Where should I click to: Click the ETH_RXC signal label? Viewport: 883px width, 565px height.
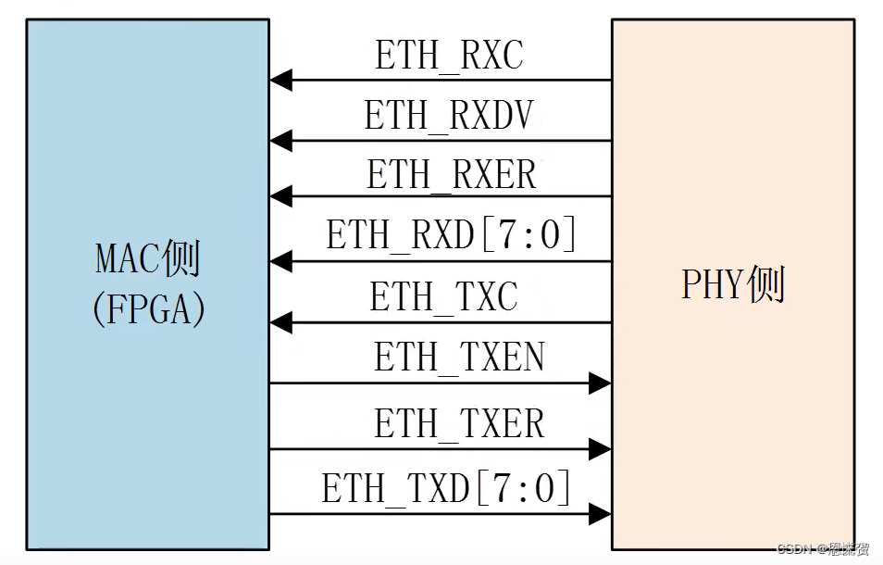coord(448,56)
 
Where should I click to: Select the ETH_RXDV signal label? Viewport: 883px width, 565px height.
coord(449,117)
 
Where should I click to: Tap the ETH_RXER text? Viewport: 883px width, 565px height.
coord(451,174)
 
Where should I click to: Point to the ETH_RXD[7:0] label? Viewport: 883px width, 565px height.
coord(451,235)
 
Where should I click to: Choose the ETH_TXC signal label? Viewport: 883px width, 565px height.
coord(443,297)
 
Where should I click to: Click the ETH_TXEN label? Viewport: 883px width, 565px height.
coord(459,358)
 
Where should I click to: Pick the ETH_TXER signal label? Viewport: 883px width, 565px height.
coord(459,424)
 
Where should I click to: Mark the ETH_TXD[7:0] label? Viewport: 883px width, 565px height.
coord(446,488)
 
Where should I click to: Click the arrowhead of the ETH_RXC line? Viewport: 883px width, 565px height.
coord(280,81)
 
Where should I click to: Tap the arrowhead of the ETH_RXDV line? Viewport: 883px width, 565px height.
coord(280,141)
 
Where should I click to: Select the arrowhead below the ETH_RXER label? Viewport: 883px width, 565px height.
coord(280,196)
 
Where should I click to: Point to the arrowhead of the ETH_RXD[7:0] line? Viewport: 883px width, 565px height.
coord(280,261)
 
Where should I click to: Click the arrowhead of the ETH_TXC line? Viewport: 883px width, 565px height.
coord(280,322)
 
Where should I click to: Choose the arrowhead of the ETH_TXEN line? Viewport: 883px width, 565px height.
coord(600,383)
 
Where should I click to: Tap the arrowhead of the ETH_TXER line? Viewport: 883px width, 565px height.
coord(600,449)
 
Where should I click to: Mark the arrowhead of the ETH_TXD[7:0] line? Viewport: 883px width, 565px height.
coord(600,513)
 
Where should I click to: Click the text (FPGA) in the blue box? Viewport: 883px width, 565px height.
coord(148,310)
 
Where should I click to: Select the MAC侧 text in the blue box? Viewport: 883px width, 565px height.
coord(148,261)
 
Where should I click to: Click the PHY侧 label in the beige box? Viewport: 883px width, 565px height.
coord(733,285)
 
